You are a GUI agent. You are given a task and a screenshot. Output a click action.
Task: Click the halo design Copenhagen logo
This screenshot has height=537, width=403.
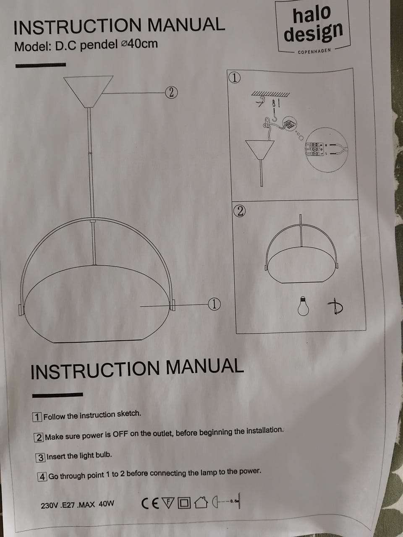313,26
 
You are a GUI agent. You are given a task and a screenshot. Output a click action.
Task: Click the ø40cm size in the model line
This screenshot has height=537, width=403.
139,44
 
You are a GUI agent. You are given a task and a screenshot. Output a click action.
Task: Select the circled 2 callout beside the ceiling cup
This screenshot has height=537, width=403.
171,93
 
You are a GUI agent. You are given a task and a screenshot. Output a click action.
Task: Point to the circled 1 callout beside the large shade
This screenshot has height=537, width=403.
214,304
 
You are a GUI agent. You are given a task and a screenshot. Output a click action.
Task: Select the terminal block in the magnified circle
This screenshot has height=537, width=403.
315,149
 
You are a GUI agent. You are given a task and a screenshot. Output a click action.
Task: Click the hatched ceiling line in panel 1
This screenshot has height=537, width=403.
270,94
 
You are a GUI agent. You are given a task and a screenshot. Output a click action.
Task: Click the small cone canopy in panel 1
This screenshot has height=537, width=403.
259,150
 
